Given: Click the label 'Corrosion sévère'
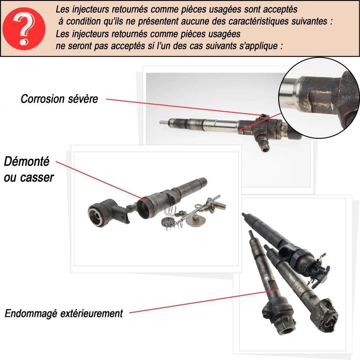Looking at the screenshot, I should [59, 99].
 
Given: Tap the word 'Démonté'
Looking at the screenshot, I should [27, 162].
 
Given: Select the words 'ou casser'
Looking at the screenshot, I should [29, 177].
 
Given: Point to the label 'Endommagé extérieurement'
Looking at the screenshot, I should [64, 313].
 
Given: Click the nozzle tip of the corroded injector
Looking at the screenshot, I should [162, 121].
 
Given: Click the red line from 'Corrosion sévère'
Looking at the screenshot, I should [180, 107].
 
